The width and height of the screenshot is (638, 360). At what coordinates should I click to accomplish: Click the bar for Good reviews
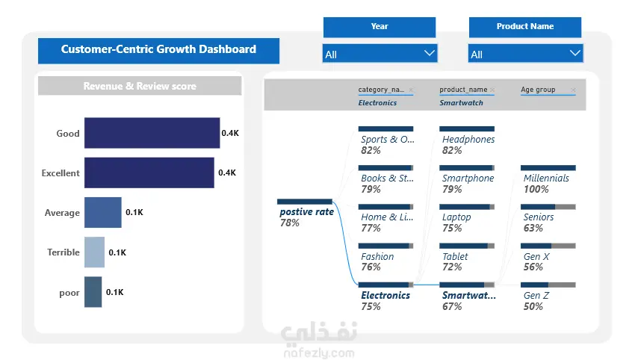coord(152,133)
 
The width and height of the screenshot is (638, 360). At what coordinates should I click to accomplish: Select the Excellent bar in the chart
coord(149,173)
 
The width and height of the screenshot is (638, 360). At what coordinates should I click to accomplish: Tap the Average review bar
coord(103,212)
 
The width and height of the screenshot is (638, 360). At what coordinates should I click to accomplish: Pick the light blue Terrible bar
coord(94,252)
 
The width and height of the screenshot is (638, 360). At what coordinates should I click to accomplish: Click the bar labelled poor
coord(93,292)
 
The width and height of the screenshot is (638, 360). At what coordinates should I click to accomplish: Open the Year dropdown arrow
coord(430,53)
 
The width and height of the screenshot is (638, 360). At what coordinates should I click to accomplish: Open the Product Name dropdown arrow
coord(575,53)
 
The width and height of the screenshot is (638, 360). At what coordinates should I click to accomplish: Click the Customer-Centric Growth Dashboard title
coord(158,49)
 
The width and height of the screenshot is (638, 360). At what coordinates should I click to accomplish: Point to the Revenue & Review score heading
coord(140,86)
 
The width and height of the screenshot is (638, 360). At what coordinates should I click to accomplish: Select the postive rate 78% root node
coord(306,214)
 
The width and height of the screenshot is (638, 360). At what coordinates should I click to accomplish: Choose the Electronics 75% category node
coord(385,297)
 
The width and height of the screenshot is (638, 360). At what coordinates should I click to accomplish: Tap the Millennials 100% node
coord(548,180)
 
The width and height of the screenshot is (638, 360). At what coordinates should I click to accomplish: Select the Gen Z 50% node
coord(548,297)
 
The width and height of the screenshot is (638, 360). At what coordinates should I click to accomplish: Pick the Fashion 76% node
coord(385,258)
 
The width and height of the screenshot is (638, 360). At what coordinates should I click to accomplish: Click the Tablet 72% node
coord(467,258)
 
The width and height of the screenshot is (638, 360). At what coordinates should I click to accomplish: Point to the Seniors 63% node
coord(548,219)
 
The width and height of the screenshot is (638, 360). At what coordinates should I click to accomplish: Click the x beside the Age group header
coord(573,90)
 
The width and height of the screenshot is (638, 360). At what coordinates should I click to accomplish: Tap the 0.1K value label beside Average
coord(134,212)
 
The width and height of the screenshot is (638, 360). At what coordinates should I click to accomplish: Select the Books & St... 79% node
coord(386,180)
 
